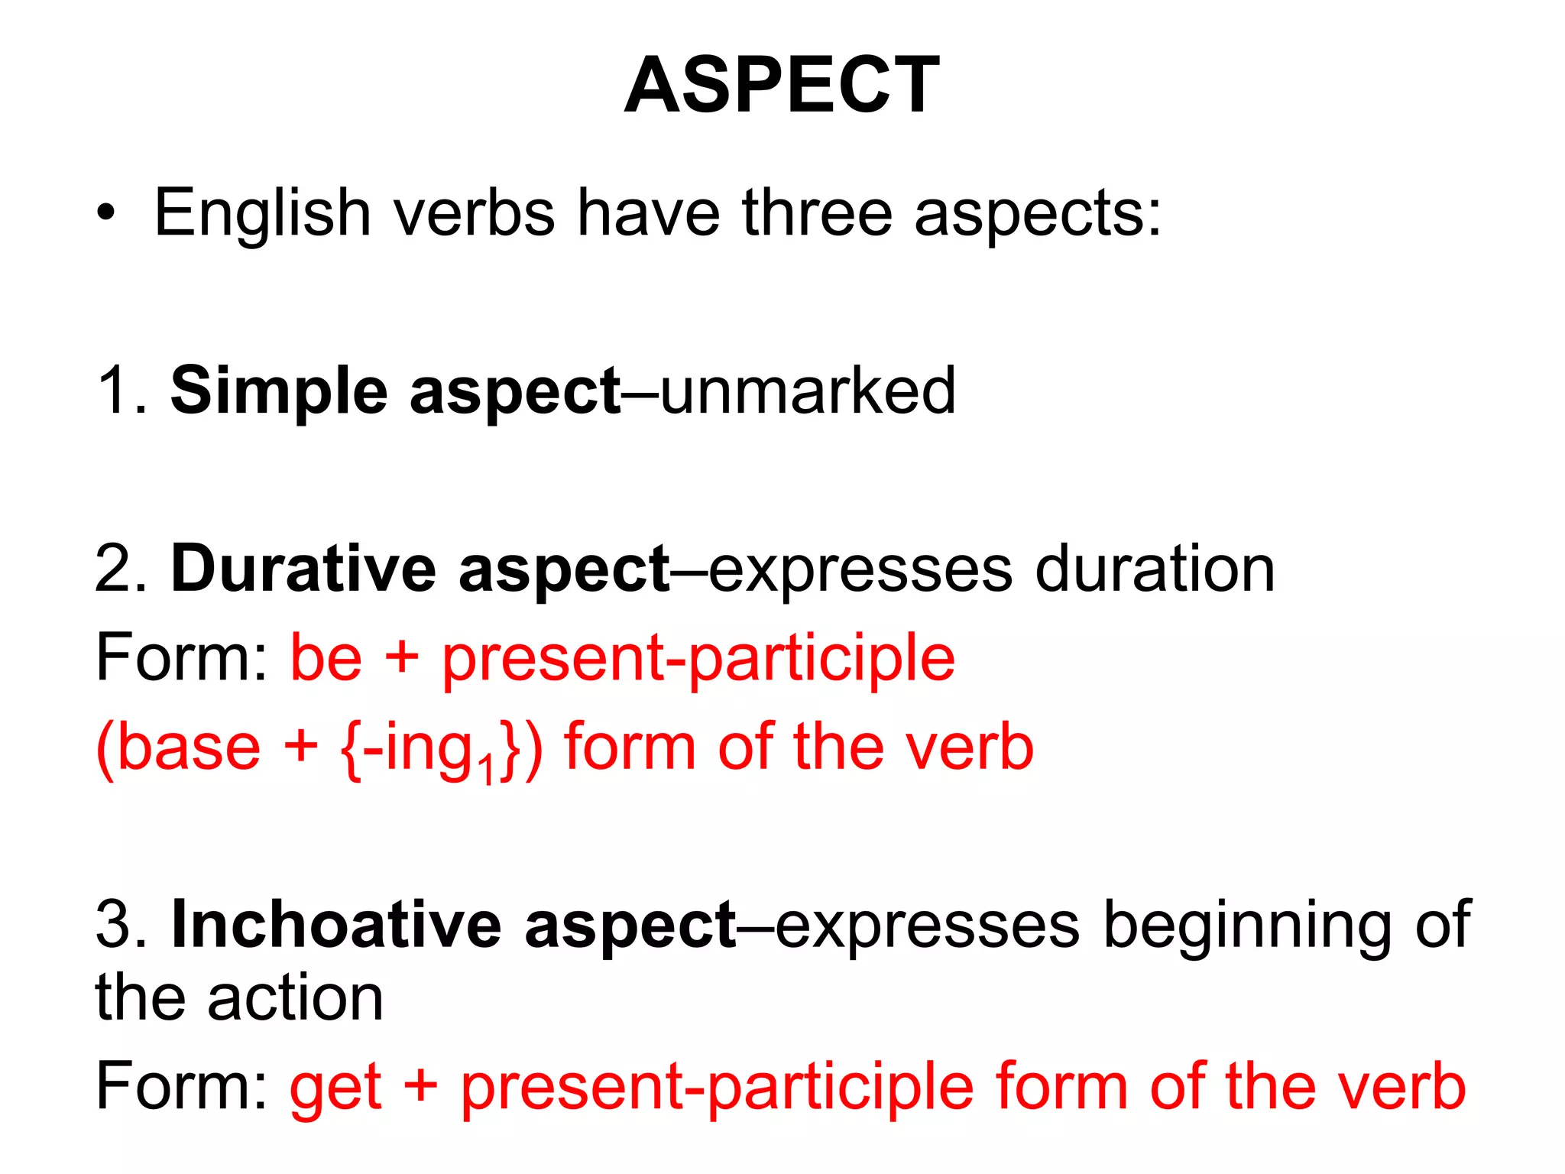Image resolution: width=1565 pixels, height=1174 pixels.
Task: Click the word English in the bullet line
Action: tap(262, 213)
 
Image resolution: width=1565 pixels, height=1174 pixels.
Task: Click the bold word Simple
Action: tap(279, 391)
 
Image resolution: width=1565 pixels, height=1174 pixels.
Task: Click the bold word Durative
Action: tap(304, 569)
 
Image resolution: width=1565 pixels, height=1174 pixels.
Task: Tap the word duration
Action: tap(1155, 569)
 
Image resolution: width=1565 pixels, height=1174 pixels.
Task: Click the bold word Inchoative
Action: tap(337, 925)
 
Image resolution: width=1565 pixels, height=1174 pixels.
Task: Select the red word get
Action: tap(335, 1088)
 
